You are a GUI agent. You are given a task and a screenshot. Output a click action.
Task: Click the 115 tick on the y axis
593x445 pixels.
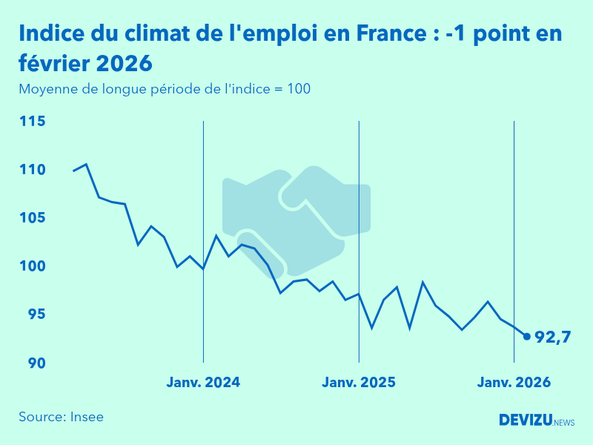32,121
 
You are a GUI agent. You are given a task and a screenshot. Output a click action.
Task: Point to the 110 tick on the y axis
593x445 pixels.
32,170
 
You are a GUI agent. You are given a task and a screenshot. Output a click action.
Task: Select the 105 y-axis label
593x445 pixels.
32,218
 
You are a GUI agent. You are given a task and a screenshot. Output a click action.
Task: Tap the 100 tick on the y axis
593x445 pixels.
32,266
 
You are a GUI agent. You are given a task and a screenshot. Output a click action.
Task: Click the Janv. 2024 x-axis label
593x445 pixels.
203,383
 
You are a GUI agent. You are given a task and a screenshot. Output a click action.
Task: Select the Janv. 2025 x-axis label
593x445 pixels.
359,383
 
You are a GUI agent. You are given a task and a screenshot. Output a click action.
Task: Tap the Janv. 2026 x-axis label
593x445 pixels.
514,383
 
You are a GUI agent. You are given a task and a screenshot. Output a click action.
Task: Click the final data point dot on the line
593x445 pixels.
527,336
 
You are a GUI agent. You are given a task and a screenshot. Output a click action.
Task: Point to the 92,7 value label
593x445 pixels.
553,337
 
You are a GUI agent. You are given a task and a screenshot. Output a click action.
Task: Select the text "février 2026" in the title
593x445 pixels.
85,62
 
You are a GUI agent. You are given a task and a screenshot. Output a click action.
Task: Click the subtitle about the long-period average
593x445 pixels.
165,90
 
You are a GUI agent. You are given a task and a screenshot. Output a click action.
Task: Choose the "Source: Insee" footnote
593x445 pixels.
62,417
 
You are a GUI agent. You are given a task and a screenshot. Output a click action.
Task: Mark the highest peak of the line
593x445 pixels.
86,164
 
